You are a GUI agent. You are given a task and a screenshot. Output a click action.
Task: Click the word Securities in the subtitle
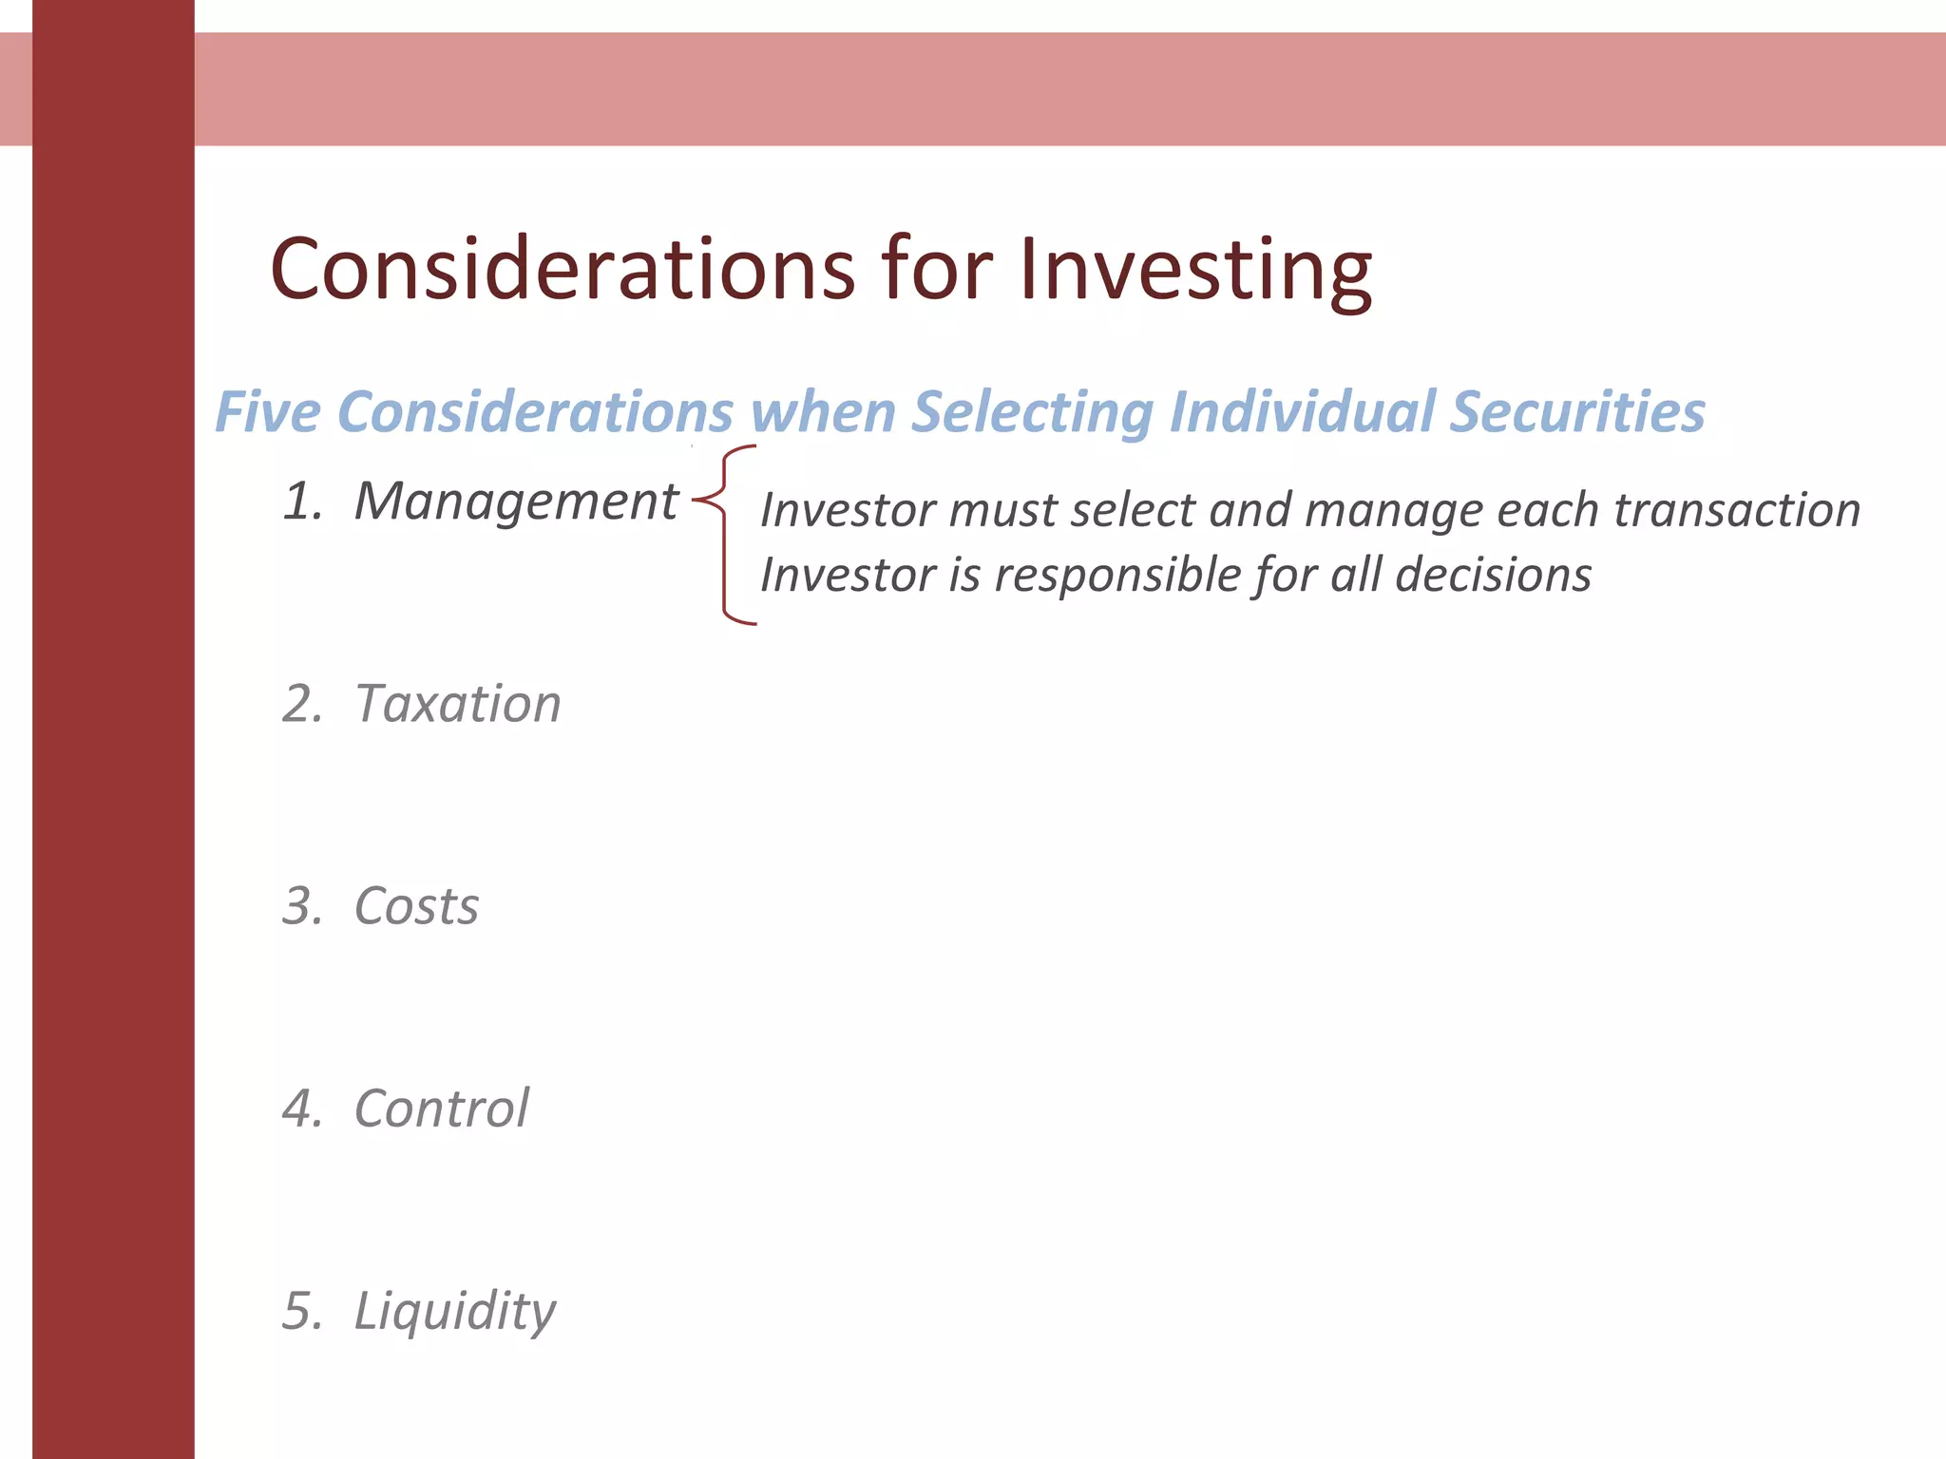point(1577,412)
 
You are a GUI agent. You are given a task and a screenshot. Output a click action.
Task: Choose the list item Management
point(515,501)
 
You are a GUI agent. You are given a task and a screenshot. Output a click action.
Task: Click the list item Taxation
point(457,704)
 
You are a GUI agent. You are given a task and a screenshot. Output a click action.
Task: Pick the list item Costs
point(416,906)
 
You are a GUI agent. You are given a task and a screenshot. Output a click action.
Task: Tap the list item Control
point(441,1108)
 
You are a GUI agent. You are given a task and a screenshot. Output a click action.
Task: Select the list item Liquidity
point(454,1313)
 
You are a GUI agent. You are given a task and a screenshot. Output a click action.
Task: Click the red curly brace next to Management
point(726,534)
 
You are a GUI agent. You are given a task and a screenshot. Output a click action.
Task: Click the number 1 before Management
point(300,502)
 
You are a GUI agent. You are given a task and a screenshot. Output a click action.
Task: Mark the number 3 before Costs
point(300,906)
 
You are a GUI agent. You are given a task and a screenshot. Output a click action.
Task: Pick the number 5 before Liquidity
point(300,1311)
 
